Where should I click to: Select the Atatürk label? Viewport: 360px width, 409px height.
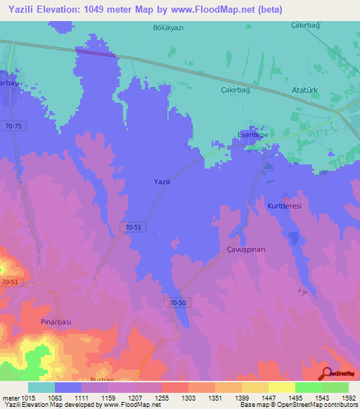(306, 90)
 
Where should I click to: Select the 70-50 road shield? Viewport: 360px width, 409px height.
(179, 301)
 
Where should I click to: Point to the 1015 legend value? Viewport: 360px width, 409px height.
(27, 398)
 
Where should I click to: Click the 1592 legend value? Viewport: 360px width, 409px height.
(349, 398)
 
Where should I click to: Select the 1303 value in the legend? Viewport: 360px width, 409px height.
(188, 398)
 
